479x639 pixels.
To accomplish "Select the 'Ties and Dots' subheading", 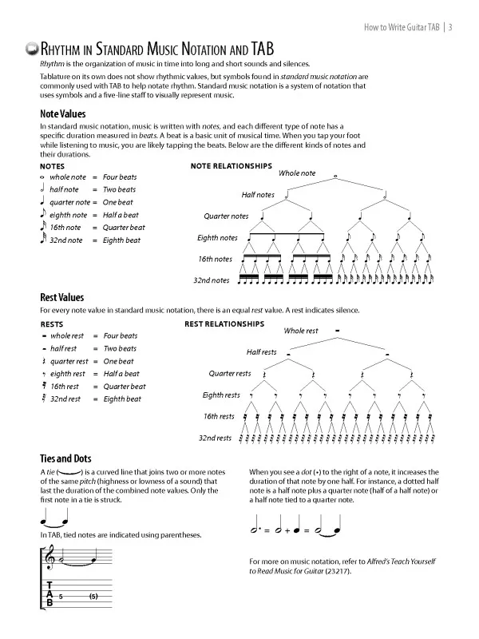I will click(x=65, y=458).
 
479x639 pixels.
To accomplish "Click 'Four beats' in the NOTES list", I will click(x=120, y=177).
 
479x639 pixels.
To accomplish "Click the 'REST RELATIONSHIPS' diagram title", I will click(x=224, y=324).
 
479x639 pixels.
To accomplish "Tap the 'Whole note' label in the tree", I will click(x=297, y=173).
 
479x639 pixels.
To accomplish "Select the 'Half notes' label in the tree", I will click(x=258, y=195).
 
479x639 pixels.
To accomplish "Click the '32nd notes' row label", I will click(x=212, y=280).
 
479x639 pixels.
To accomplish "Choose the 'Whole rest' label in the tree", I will click(x=301, y=331).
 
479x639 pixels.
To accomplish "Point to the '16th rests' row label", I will click(x=216, y=416).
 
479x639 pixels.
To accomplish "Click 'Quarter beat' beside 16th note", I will click(x=124, y=228).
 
